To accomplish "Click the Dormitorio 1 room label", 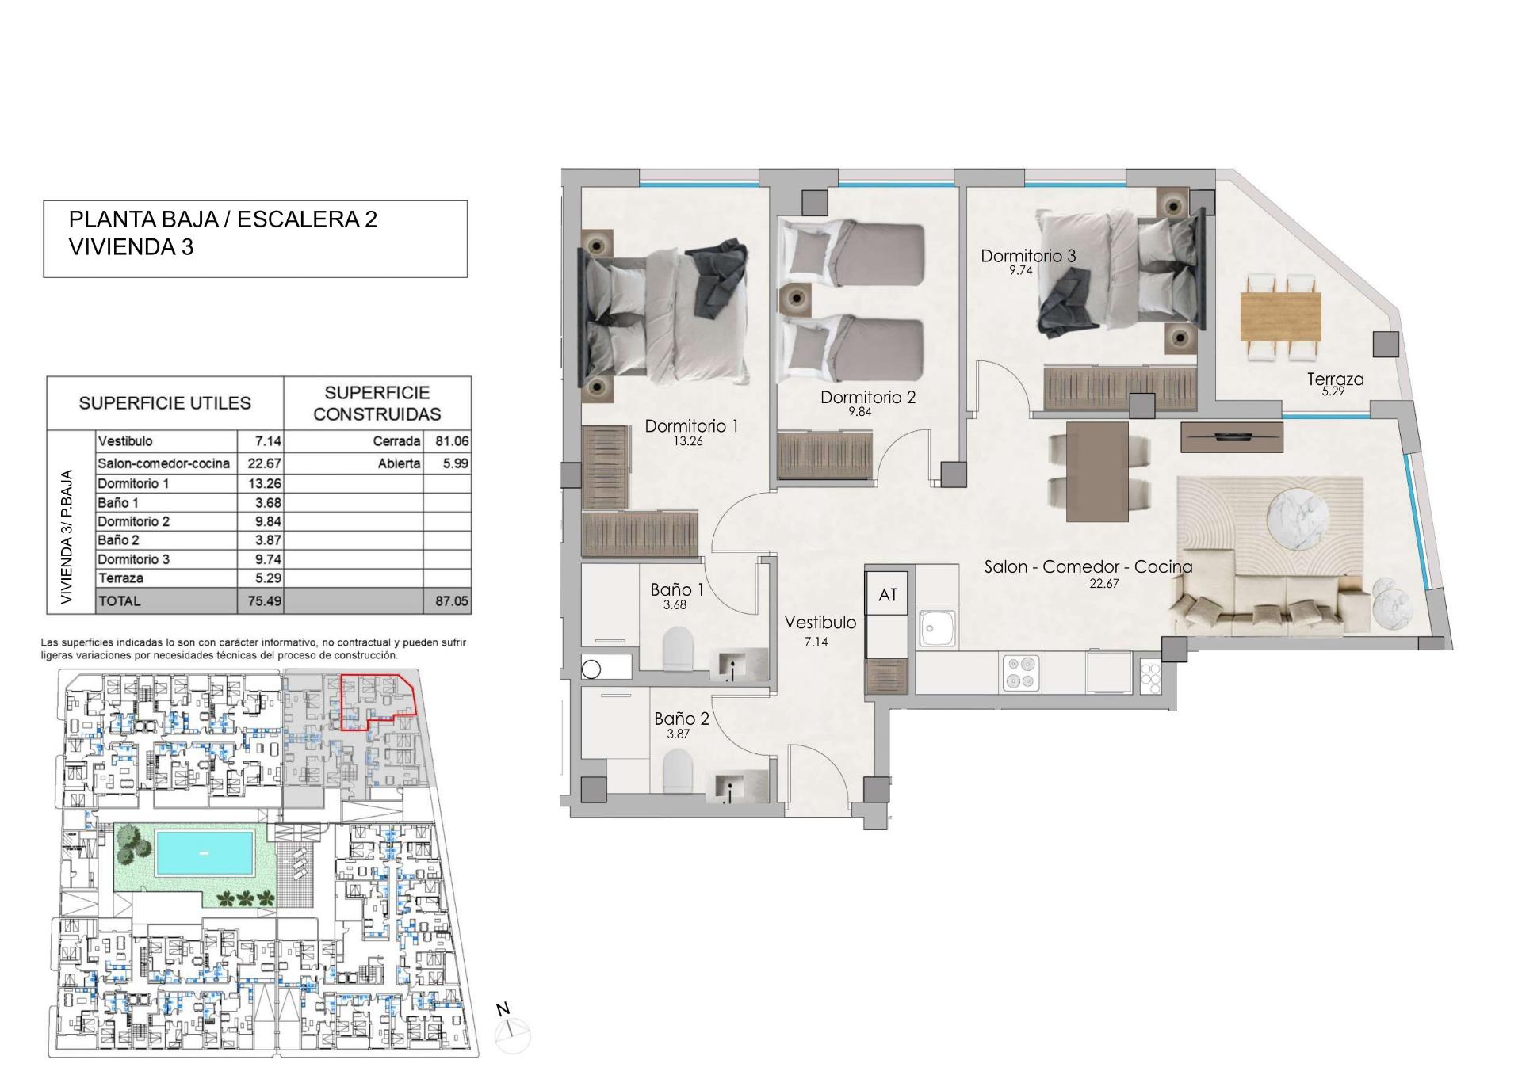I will coord(691,426).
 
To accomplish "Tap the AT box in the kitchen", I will coord(888,594).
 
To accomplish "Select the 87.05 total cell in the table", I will coord(451,601).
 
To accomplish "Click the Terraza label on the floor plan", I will coord(1335,379).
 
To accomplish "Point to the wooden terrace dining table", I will coord(1280,316).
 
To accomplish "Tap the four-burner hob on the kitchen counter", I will coord(1021,672).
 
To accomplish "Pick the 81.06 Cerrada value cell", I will coord(451,441).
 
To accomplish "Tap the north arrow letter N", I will coord(503,1009).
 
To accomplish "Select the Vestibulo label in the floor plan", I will coord(820,623).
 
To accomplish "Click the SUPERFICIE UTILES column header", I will coord(165,403).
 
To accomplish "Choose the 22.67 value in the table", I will coord(260,463).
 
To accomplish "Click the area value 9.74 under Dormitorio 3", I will coord(1021,270).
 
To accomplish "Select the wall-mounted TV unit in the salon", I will coord(1231,436).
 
